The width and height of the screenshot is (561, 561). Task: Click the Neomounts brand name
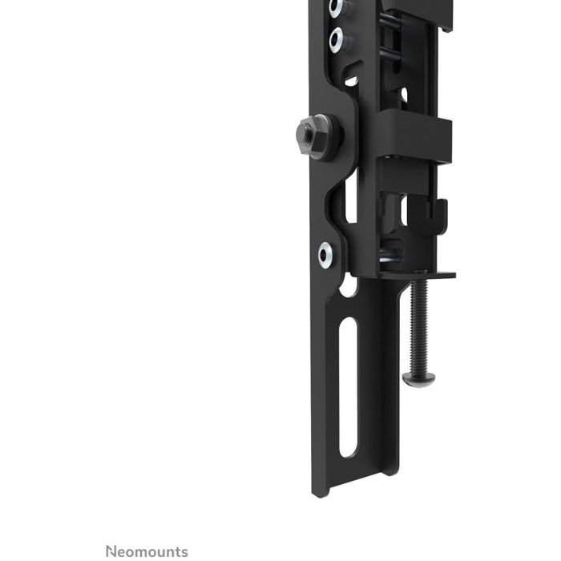tap(147, 551)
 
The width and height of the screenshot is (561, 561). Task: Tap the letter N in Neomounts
tap(111, 551)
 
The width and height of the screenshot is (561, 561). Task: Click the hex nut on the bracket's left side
tap(312, 136)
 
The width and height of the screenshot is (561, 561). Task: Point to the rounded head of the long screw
tap(418, 379)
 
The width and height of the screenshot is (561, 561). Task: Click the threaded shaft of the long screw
tap(419, 326)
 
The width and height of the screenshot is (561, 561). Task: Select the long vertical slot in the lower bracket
tap(348, 387)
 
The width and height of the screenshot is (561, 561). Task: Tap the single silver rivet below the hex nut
tap(325, 255)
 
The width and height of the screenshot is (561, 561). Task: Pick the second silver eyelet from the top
tap(337, 40)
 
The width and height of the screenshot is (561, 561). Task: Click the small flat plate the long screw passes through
tap(418, 275)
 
